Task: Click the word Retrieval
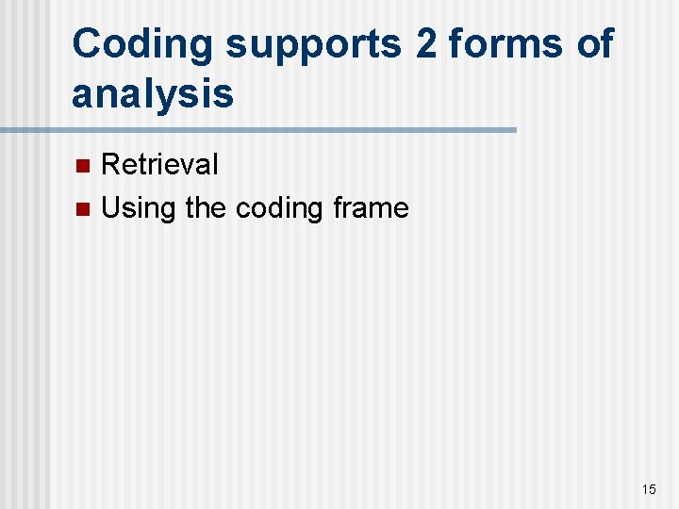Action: tap(159, 165)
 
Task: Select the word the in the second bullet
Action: tap(205, 207)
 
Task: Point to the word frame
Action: tap(371, 207)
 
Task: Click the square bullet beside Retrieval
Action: tap(82, 167)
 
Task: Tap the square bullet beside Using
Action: tap(82, 209)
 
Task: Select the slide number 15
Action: tap(648, 488)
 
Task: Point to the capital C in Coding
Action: tap(88, 44)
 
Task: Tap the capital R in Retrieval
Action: tap(109, 165)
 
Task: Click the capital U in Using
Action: tap(110, 207)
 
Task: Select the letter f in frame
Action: tap(338, 207)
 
